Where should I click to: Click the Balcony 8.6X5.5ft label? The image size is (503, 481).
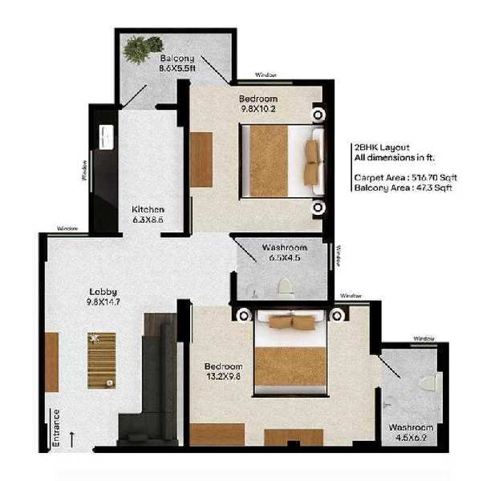point(177,63)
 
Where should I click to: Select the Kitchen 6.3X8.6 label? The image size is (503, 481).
point(148,215)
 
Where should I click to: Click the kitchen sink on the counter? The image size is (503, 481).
point(106,137)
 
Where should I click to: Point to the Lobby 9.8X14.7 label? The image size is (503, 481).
point(103,297)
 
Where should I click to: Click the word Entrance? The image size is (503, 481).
point(56,428)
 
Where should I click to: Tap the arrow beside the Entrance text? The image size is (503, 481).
point(72,439)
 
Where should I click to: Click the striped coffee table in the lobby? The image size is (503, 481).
point(101,361)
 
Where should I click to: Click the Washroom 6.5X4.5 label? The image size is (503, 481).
point(285,253)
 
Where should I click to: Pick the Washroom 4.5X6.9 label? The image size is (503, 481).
point(411,432)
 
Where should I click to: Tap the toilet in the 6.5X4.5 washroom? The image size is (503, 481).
point(285,286)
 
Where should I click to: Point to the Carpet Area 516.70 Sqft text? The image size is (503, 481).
point(405,178)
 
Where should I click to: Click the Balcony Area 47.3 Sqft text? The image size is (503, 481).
point(403,188)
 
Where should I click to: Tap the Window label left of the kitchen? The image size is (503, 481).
point(84,171)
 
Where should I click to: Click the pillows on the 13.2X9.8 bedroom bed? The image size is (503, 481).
point(291,322)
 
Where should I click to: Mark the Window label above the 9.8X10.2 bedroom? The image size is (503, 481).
point(266,75)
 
